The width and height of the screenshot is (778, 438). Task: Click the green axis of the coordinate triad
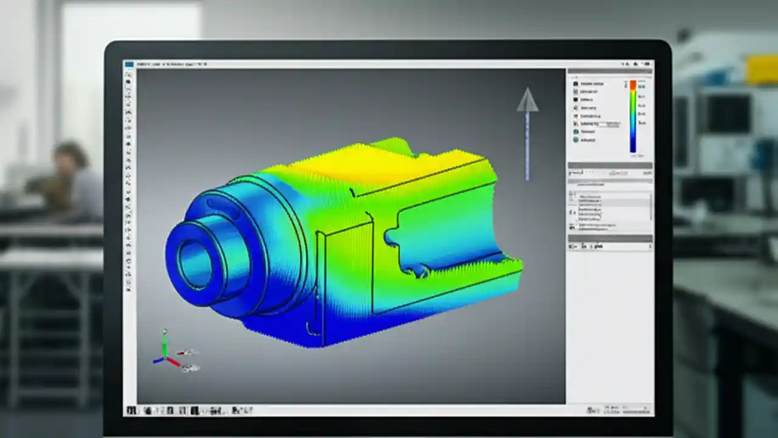tap(164, 343)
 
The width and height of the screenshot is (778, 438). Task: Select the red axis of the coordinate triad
tap(173, 363)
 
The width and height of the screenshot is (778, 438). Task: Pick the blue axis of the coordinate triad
tap(158, 360)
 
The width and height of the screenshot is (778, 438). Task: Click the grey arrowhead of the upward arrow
tap(528, 100)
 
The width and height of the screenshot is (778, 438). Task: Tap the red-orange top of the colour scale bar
tap(633, 86)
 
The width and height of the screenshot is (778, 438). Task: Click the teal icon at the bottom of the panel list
tap(576, 140)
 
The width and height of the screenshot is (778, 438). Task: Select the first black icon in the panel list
tap(576, 84)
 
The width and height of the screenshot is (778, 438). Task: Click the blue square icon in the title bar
tap(129, 64)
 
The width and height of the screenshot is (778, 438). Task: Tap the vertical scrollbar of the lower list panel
tap(650, 207)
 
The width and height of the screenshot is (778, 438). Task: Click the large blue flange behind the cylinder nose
tap(267, 243)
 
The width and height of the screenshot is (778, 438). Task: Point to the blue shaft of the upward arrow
tap(527, 146)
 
